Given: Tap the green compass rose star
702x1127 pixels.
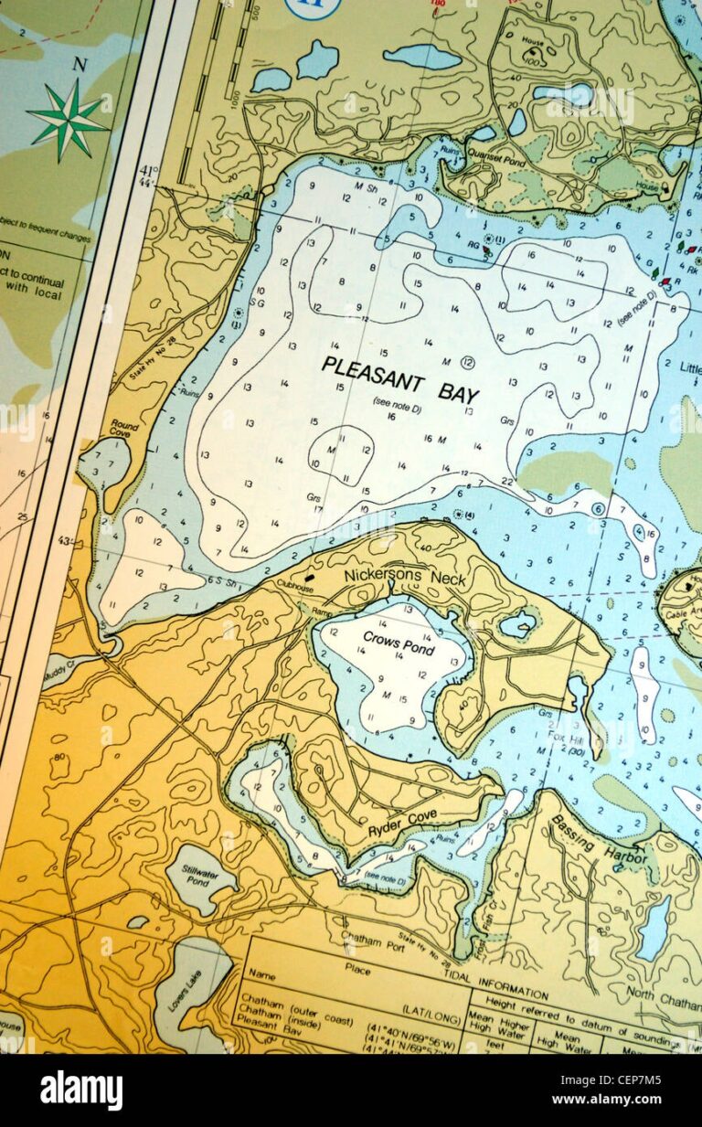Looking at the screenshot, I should pyautogui.click(x=69, y=119).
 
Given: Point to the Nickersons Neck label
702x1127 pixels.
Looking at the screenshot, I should pyautogui.click(x=405, y=578).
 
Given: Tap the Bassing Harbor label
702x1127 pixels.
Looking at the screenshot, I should pyautogui.click(x=599, y=839).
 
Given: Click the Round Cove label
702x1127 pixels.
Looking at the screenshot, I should pyautogui.click(x=124, y=429).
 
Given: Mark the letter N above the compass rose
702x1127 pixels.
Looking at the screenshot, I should pyautogui.click(x=80, y=65).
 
